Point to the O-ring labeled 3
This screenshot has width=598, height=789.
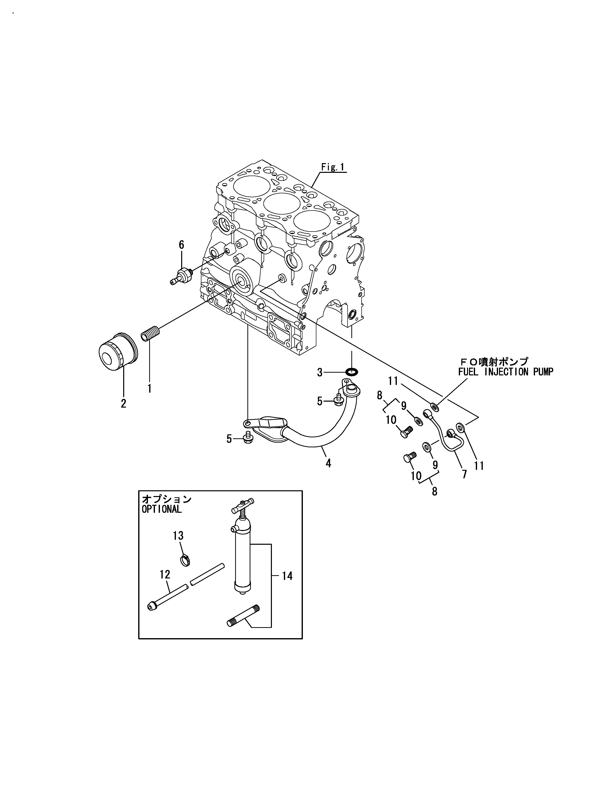352,372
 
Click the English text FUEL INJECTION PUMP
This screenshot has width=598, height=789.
506,372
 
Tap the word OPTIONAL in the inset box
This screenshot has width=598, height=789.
162,509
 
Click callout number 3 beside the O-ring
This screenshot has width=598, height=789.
320,373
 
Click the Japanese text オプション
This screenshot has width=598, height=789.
167,499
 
